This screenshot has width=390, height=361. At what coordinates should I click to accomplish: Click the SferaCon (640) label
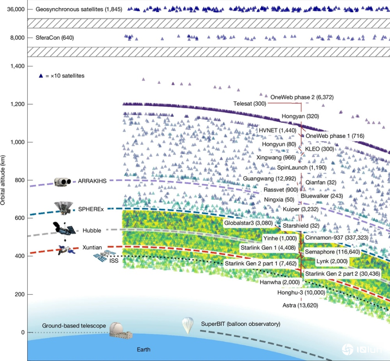(55, 38)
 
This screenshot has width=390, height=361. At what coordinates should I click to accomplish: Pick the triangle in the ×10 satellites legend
(41, 75)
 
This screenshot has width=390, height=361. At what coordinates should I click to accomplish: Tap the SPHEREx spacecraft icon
(63, 208)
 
